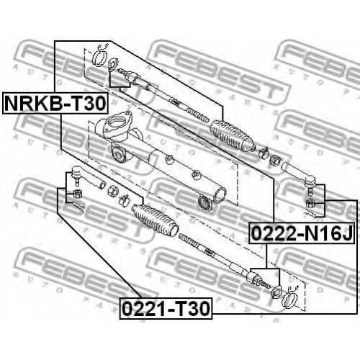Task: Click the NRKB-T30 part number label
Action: coord(55,103)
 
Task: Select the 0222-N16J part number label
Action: coord(302,233)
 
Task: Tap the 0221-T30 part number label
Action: coord(166,309)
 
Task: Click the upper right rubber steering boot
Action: coord(232,136)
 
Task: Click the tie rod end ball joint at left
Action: coord(88,178)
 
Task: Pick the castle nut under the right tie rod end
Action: coord(310,204)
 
